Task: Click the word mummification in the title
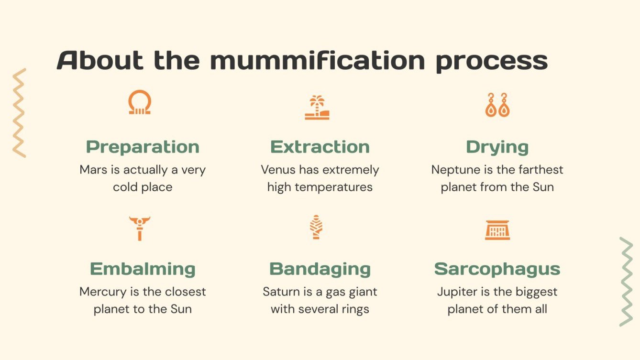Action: coord(317,61)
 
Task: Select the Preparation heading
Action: coord(143,147)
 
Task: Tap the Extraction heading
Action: coord(320,147)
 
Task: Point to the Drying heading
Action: coord(497,147)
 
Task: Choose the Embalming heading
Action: coord(143,269)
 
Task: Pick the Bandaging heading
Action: coord(320,269)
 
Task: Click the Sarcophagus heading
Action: coord(497,269)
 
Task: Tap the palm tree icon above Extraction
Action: coord(317,108)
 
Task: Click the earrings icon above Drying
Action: coord(497,105)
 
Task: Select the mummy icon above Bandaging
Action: coord(316,227)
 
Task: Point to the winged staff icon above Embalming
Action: coord(140,228)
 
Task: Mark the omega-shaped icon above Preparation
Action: coord(140,103)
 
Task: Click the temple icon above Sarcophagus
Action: coord(497,230)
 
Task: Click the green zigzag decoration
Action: coord(626,282)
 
